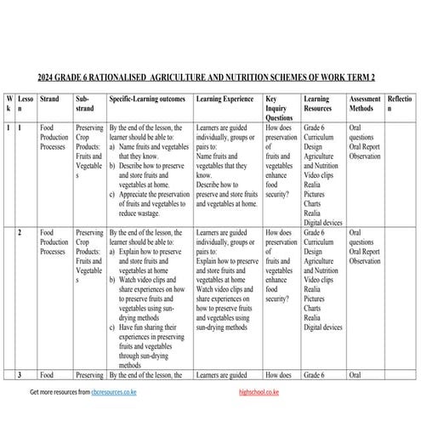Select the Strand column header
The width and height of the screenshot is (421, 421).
[50, 100]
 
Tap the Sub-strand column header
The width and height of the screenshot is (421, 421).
[86, 105]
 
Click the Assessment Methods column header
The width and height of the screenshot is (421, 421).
[365, 105]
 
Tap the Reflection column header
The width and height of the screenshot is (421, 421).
[401, 105]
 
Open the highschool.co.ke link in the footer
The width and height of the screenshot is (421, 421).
[261, 394]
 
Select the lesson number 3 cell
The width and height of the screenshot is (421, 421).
[20, 374]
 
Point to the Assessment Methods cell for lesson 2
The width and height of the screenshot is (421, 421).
[366, 247]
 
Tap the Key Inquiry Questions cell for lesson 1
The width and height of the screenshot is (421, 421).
[281, 157]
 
